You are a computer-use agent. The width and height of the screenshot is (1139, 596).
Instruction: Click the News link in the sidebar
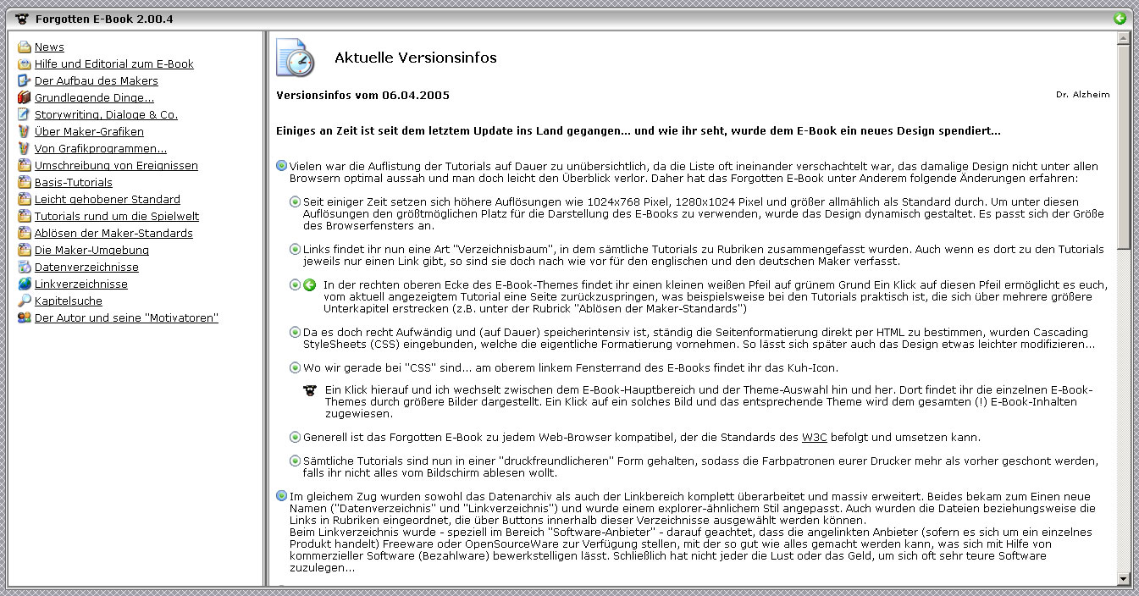pyautogui.click(x=49, y=47)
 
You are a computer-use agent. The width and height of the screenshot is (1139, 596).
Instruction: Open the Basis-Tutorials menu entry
pyautogui.click(x=73, y=183)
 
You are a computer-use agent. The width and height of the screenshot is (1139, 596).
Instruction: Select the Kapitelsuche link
pyautogui.click(x=68, y=301)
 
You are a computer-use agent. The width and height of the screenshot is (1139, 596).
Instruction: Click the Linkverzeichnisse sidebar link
pyautogui.click(x=80, y=284)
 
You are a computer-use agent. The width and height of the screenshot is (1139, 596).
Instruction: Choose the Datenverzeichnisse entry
pyautogui.click(x=86, y=268)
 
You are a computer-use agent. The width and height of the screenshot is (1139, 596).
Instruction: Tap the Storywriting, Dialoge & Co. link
pyautogui.click(x=106, y=115)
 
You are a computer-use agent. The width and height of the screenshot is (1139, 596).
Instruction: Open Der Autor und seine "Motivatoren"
pyautogui.click(x=126, y=318)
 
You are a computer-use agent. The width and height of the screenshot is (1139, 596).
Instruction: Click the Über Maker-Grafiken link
pyautogui.click(x=89, y=132)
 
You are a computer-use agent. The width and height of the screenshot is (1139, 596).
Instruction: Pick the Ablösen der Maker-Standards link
pyautogui.click(x=113, y=234)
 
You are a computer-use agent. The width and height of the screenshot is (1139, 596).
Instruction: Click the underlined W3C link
pyautogui.click(x=814, y=438)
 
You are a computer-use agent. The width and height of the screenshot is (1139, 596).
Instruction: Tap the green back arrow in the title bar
pyautogui.click(x=1120, y=19)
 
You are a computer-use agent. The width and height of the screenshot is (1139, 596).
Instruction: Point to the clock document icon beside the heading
pyautogui.click(x=295, y=58)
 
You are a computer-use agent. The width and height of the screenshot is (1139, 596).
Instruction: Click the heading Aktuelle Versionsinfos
pyautogui.click(x=415, y=58)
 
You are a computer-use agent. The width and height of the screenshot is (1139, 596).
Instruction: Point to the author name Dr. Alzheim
pyautogui.click(x=1082, y=95)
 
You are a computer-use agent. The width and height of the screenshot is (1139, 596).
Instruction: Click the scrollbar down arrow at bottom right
pyautogui.click(x=1124, y=578)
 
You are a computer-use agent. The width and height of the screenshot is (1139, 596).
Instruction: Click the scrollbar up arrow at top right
pyautogui.click(x=1124, y=39)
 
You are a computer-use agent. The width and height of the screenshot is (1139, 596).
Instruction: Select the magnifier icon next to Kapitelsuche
pyautogui.click(x=24, y=301)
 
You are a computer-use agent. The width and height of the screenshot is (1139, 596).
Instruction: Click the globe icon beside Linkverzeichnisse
pyautogui.click(x=24, y=284)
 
